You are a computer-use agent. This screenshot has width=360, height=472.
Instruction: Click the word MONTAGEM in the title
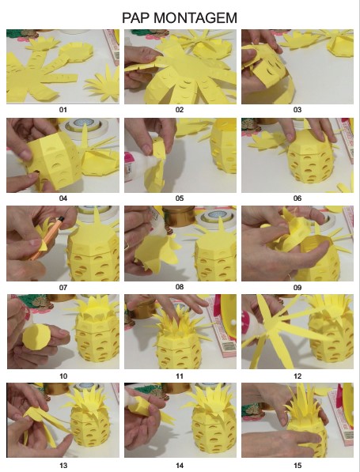pyautogui.click(x=195, y=17)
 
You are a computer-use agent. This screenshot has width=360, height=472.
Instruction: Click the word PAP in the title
pyautogui.click(x=136, y=17)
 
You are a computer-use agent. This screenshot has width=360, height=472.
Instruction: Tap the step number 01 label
pyautogui.click(x=63, y=110)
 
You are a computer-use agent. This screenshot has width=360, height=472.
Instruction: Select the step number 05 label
pyautogui.click(x=180, y=198)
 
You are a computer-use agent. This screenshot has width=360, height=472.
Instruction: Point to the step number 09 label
pyautogui.click(x=297, y=288)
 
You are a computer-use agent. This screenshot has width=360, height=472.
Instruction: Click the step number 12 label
pyautogui.click(x=297, y=376)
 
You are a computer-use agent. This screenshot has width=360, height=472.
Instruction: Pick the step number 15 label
pyautogui.click(x=297, y=466)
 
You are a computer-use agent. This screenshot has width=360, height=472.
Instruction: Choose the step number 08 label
pyautogui.click(x=180, y=286)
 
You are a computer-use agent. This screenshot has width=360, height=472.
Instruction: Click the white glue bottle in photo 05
pyautogui.click(x=136, y=165)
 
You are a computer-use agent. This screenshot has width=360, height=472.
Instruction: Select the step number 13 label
pyautogui.click(x=63, y=466)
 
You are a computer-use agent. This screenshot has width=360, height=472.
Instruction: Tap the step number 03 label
pyautogui.click(x=297, y=110)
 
